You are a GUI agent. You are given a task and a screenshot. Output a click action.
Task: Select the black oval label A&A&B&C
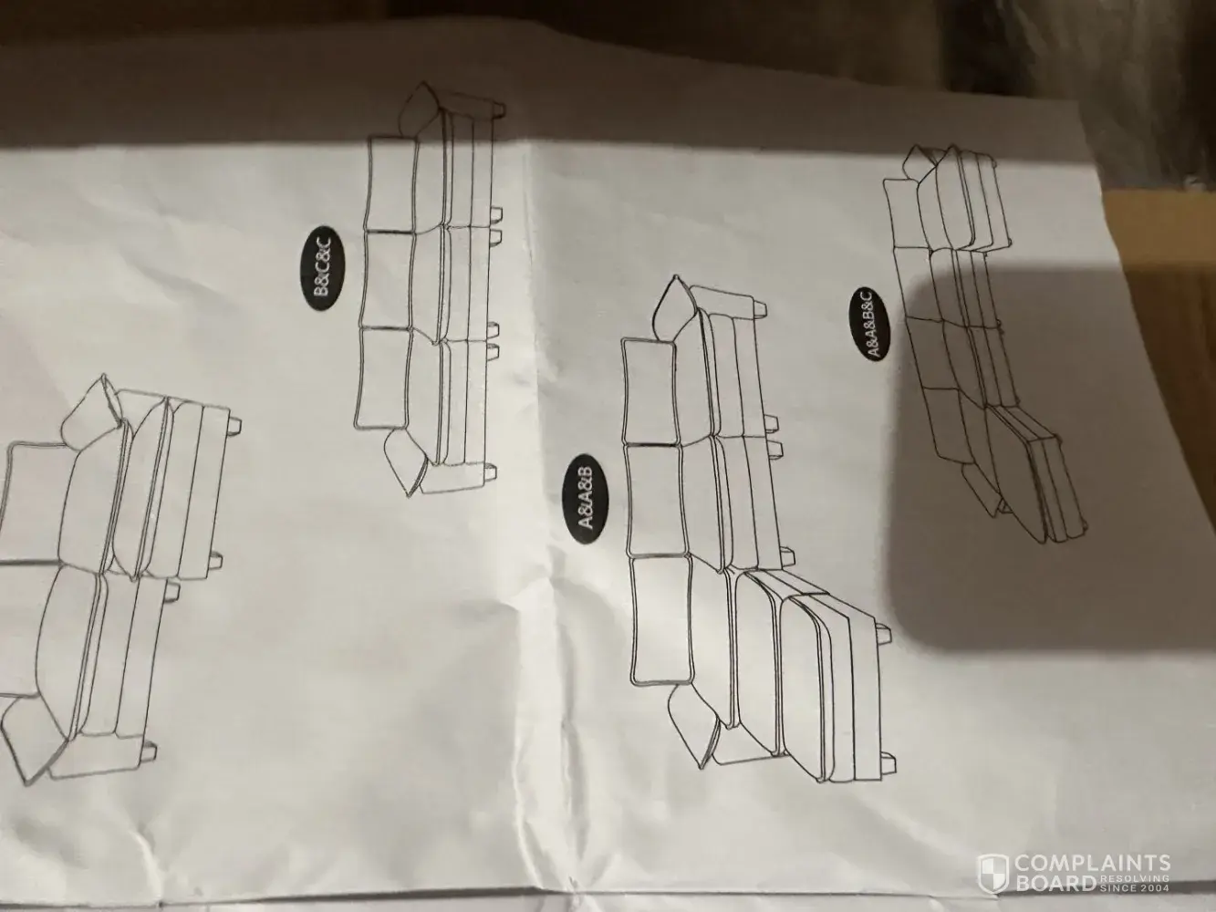pos(869,324)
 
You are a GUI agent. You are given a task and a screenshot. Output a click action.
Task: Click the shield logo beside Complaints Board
pos(993,873)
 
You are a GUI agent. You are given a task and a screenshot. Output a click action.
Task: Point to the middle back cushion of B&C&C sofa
pos(387,281)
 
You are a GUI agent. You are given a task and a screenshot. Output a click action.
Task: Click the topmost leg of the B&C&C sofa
pos(497,109)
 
